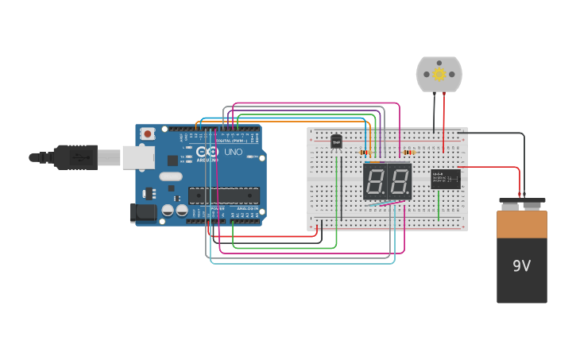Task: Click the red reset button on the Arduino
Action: [x=147, y=134]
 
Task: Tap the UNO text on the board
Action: [x=234, y=152]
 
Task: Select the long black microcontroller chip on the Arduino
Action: [x=223, y=195]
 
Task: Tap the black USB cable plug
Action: [x=75, y=157]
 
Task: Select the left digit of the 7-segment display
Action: [x=375, y=182]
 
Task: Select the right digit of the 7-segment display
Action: [x=399, y=182]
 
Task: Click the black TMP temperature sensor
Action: [x=336, y=141]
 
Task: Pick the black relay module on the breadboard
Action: [x=446, y=179]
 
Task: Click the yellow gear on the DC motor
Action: [x=439, y=74]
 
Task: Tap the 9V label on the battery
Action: [x=521, y=266]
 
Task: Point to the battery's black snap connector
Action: [x=522, y=202]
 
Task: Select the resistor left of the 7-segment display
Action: [x=365, y=152]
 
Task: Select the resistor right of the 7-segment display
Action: [x=410, y=152]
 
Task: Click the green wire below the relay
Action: [x=438, y=204]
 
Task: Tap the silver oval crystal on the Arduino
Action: [x=170, y=176]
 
